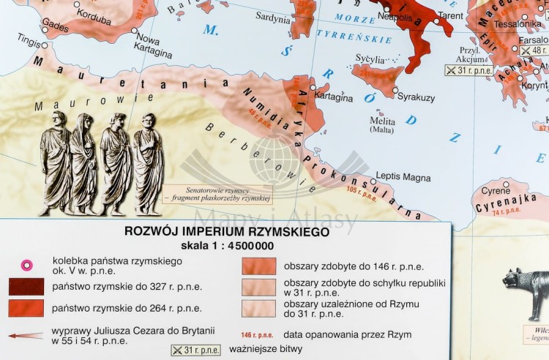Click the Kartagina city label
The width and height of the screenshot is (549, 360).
pos(334,97)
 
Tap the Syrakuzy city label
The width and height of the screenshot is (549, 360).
pos(416,97)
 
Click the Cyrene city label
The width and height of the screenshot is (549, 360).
pos(496,191)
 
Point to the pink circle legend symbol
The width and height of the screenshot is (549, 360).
pos(26,265)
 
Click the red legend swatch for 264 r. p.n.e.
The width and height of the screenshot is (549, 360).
pos(26,308)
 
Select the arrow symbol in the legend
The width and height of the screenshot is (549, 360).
pos(26,336)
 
